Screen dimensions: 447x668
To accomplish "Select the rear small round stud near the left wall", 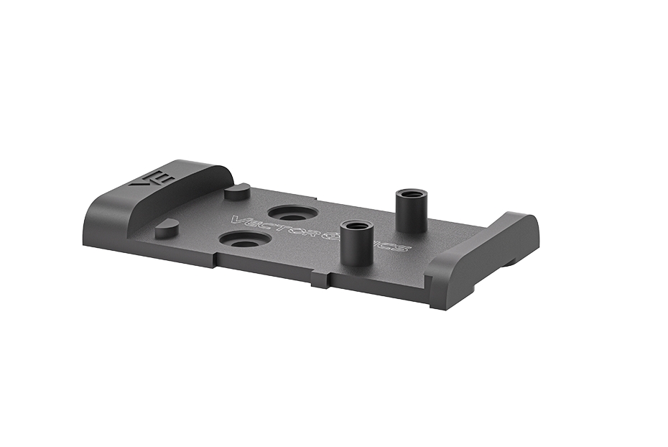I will tap(237, 191).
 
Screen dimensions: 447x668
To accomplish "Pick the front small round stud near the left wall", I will tap(167, 228).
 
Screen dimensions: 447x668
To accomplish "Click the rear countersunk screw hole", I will tap(292, 213).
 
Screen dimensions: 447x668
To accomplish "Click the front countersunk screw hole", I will tap(246, 239).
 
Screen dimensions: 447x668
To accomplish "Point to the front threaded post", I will tap(355, 242).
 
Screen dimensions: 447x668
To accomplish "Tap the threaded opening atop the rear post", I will tap(412, 194).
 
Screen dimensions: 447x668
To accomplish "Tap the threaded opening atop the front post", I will tap(356, 226).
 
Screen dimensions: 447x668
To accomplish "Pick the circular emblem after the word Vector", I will tap(331, 236).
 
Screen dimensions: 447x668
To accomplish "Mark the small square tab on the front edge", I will tap(321, 280).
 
